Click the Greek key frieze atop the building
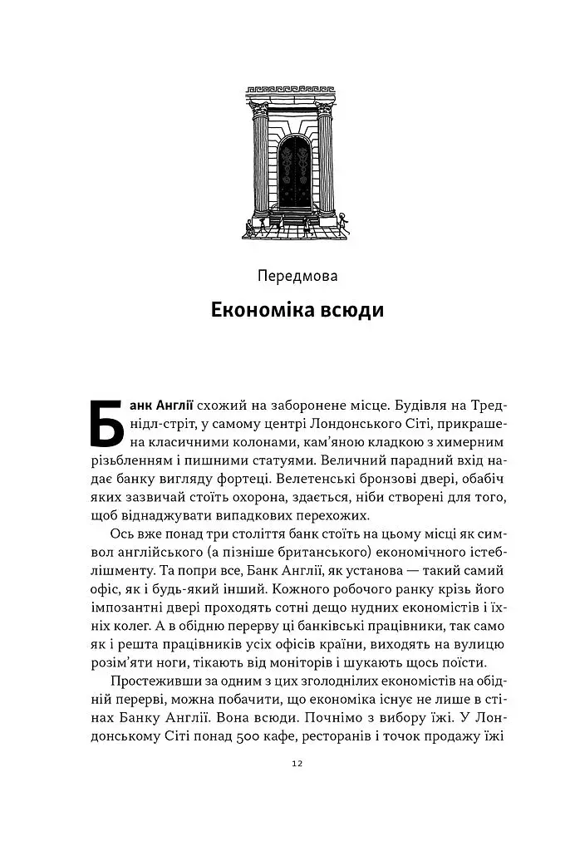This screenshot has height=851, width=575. click(292, 88)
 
